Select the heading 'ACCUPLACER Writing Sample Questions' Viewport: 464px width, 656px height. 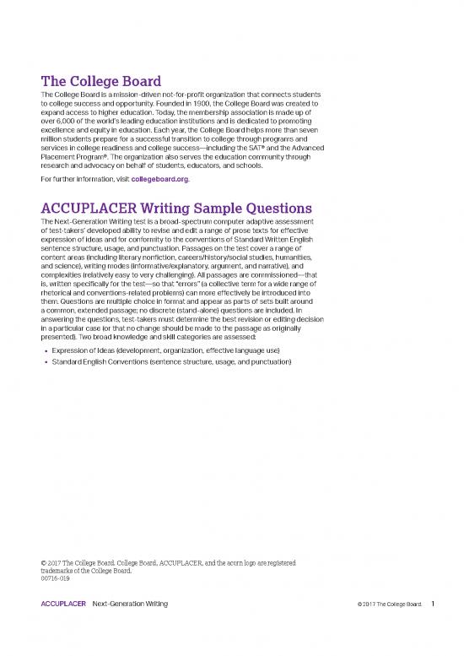177,208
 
